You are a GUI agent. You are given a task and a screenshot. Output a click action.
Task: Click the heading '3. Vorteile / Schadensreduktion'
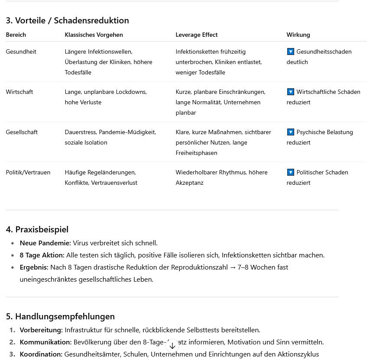click(67, 20)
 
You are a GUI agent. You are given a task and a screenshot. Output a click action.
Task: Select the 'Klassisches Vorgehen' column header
click(94, 35)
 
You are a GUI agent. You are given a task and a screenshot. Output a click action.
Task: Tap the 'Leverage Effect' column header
click(196, 35)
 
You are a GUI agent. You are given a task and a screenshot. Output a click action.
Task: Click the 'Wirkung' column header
click(298, 35)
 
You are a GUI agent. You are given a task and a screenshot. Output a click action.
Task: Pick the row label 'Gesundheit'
click(21, 51)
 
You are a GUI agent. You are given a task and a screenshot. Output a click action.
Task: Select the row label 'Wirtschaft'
click(19, 92)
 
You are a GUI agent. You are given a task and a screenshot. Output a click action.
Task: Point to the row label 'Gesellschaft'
click(22, 132)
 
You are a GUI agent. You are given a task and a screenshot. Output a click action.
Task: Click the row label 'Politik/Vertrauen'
click(28, 172)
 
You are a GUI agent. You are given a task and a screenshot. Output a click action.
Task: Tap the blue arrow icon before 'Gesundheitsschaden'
click(290, 51)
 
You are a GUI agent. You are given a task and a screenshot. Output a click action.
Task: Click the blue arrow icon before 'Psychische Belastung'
click(290, 132)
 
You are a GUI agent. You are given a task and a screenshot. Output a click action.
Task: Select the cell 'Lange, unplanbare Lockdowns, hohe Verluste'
click(106, 97)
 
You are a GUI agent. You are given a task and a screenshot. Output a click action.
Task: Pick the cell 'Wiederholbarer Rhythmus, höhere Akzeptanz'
click(221, 177)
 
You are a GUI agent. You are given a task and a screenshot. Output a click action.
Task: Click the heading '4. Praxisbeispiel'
click(37, 229)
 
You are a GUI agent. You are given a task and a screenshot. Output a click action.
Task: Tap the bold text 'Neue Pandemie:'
click(45, 243)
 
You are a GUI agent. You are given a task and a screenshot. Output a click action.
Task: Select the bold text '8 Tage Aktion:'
click(42, 255)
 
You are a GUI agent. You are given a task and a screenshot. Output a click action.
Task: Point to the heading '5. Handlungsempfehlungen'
click(60, 316)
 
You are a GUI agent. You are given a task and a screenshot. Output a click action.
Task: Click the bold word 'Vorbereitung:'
click(41, 330)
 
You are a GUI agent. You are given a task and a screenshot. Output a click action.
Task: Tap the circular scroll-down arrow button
click(172, 345)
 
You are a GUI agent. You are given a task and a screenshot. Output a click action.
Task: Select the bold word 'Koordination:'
click(41, 354)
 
